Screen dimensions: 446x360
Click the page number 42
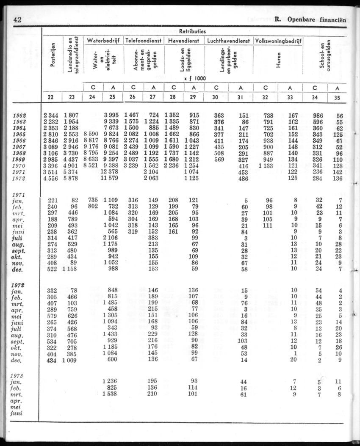(x=18, y=19)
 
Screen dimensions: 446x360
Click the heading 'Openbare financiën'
(x=316, y=19)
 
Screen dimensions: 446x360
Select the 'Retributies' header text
(x=193, y=31)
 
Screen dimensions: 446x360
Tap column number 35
(x=338, y=97)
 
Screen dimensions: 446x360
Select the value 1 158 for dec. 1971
(x=72, y=269)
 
